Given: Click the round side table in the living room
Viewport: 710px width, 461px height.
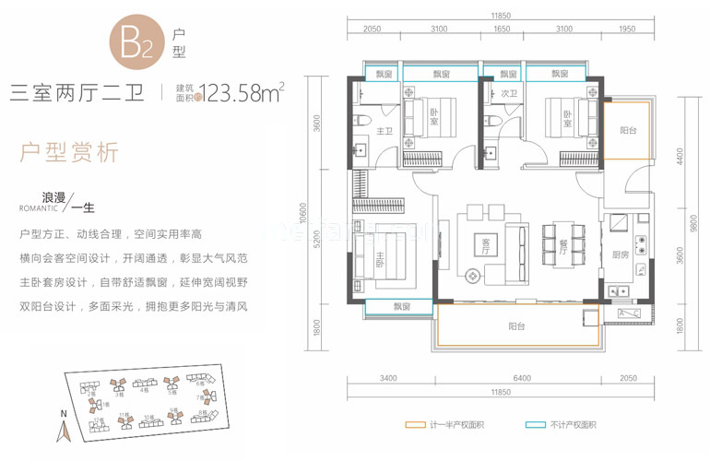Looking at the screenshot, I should tap(475, 275).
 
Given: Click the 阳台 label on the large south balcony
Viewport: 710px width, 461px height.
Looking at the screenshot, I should tap(516, 325).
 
